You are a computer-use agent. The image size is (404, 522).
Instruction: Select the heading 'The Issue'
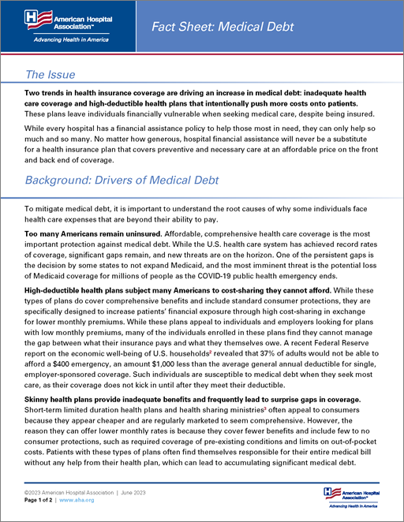pos(50,75)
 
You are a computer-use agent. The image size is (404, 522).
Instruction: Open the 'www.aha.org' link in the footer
pos(79,501)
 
